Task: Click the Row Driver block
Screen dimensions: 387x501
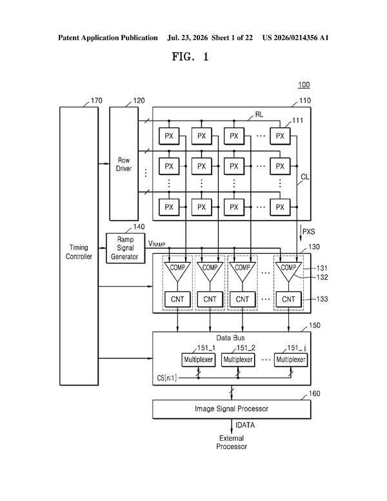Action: (x=124, y=163)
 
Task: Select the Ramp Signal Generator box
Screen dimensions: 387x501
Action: (x=125, y=248)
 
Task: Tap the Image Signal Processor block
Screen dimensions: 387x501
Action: (x=232, y=409)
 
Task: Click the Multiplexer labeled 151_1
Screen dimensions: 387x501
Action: (x=198, y=360)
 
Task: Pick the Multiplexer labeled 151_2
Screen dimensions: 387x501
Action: (x=238, y=360)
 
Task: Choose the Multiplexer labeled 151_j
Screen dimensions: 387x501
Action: (x=291, y=360)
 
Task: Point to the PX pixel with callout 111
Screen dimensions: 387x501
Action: (x=280, y=136)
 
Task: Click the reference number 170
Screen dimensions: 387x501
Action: (x=97, y=101)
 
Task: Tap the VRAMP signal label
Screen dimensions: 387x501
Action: (x=157, y=244)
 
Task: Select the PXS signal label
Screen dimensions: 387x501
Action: (x=308, y=232)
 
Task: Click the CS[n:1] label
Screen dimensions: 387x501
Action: (x=166, y=378)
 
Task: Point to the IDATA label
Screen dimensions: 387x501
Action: (x=245, y=425)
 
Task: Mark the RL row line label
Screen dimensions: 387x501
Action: (x=259, y=115)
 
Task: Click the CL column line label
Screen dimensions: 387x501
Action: (x=305, y=177)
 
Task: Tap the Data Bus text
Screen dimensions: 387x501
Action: (x=230, y=338)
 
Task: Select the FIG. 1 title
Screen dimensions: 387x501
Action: (x=190, y=57)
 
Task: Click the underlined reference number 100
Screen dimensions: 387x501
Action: (x=304, y=85)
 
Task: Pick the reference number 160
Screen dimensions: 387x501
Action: (x=315, y=394)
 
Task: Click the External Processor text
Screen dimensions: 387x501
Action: (x=232, y=442)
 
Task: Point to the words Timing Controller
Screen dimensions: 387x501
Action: (x=79, y=252)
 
